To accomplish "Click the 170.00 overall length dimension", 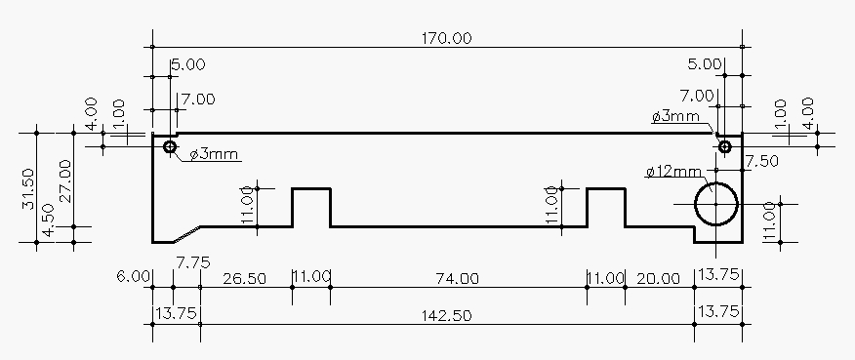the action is coord(447,38).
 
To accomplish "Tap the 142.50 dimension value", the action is coord(447,316).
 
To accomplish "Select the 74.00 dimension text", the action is coord(458,279).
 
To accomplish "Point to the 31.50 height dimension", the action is coord(28,188).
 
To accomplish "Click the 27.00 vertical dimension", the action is coord(65,180).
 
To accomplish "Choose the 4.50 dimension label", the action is coord(48,220).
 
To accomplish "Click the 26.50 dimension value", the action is coord(245,279).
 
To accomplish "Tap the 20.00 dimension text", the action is coord(658,279).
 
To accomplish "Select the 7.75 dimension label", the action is coord(193,262).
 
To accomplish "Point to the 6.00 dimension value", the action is coord(133,276).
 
